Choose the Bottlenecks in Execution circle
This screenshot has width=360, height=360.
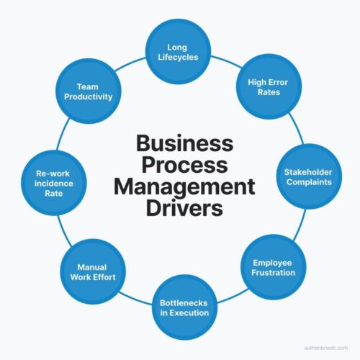[x=184, y=307]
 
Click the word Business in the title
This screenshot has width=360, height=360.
[x=184, y=143]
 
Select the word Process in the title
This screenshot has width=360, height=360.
[x=184, y=165]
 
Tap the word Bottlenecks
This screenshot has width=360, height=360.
[x=184, y=301]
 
